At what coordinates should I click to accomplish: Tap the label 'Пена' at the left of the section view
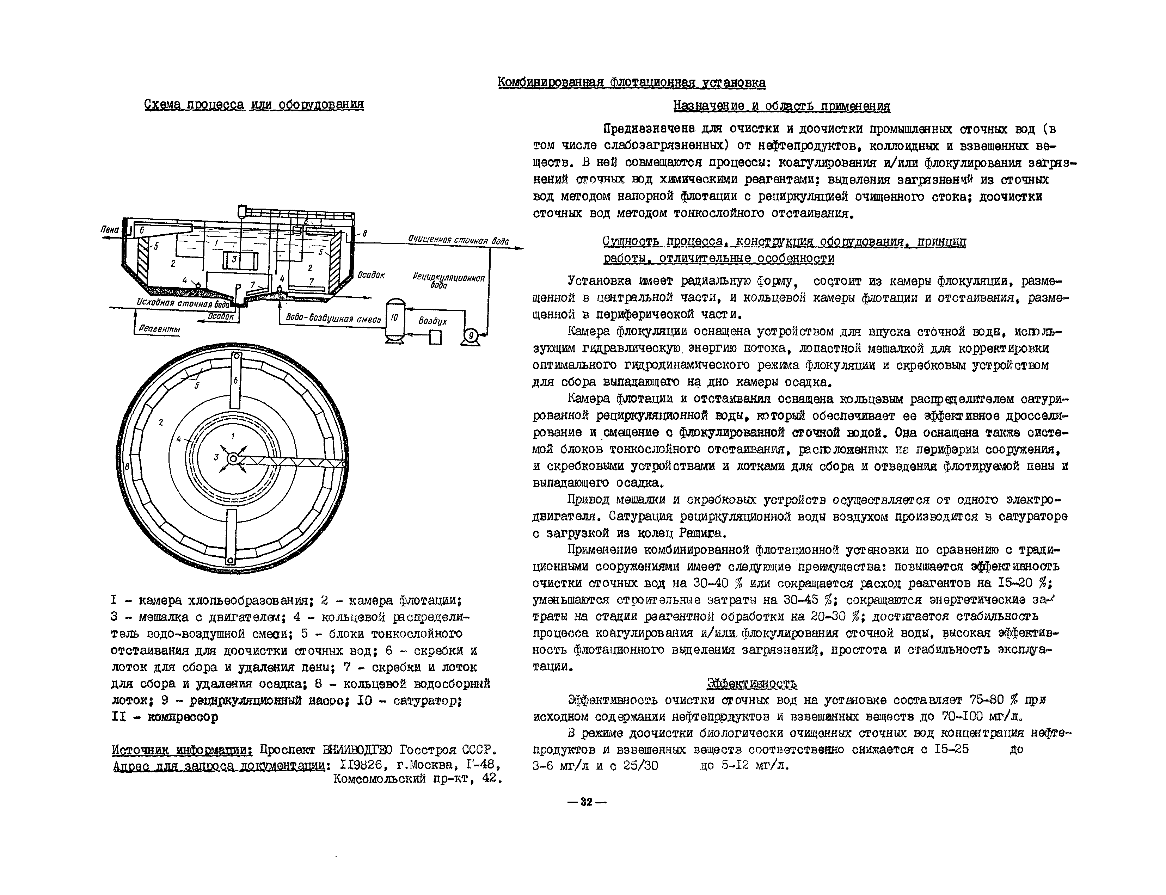point(109,230)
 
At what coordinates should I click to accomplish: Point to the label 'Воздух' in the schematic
point(432,321)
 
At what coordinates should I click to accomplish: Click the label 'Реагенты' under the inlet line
point(159,329)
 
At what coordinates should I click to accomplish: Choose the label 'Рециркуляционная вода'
point(448,281)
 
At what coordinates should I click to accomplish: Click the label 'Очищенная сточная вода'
point(458,240)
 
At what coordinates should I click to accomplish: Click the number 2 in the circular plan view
point(160,423)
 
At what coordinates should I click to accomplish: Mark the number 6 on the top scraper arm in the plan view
point(235,381)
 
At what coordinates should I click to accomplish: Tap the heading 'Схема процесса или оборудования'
point(254,104)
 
